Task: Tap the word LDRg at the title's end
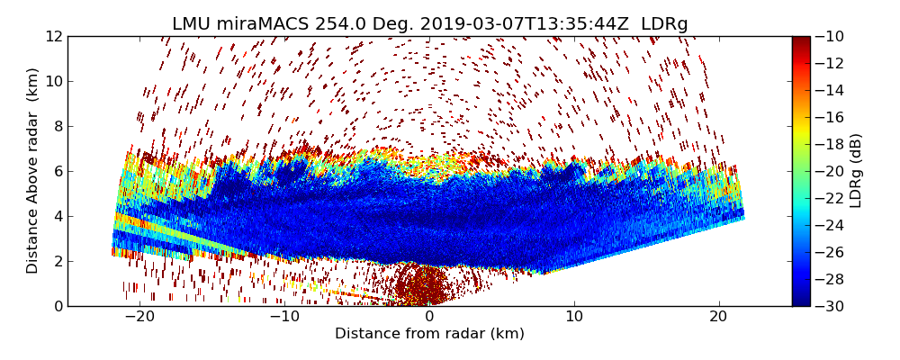click(x=664, y=24)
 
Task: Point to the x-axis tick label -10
click(x=283, y=317)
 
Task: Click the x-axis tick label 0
click(x=429, y=317)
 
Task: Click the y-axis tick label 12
click(x=54, y=36)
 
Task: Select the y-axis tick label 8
click(x=58, y=126)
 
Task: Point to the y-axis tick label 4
click(x=58, y=216)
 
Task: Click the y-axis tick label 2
click(x=58, y=261)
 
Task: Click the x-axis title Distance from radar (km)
click(x=429, y=334)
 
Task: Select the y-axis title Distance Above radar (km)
click(x=33, y=171)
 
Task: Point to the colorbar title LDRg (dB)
click(x=856, y=171)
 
